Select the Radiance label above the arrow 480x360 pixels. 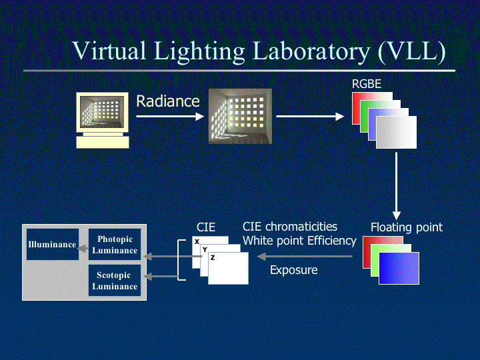[168, 101]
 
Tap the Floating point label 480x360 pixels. [407, 227]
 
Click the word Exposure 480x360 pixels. [294, 270]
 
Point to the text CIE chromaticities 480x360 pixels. [290, 227]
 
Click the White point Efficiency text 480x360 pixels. [299, 241]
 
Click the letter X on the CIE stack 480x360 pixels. [197, 241]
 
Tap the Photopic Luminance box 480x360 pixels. [115, 245]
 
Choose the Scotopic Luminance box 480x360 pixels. [115, 281]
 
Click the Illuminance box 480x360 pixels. [52, 245]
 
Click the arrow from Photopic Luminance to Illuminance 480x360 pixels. [83, 250]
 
